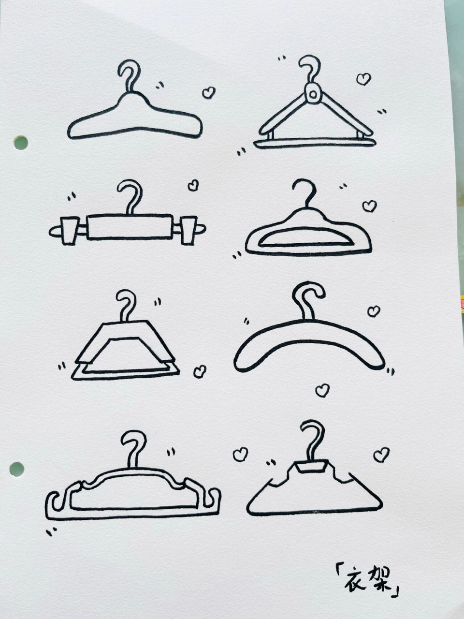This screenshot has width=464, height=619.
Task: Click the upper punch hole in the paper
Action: (21, 143)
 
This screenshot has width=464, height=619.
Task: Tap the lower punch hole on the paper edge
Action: (16, 469)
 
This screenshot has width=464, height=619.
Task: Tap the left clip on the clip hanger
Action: (69, 230)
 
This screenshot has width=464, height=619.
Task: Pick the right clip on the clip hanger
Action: (189, 230)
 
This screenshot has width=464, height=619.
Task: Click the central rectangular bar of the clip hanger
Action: (130, 227)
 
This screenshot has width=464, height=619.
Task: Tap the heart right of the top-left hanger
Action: (209, 92)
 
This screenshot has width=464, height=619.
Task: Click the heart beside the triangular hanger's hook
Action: (363, 79)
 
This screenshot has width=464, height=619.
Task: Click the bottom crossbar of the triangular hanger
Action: (315, 143)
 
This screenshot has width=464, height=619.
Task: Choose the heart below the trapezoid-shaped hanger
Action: (200, 371)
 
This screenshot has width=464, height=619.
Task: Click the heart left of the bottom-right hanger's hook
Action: (240, 454)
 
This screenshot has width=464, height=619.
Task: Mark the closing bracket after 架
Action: (396, 584)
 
